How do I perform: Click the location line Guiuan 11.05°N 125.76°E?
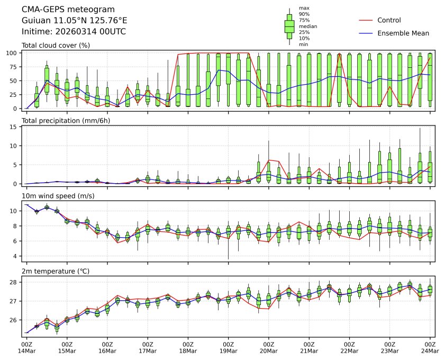pos(74,21)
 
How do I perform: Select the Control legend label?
pos(389,20)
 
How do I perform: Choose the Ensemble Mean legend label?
pos(403,33)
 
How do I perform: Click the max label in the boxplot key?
pos(304,8)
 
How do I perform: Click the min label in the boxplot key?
pos(303,44)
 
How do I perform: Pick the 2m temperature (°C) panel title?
pos(56,272)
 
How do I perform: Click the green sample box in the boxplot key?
pos(289,26)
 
